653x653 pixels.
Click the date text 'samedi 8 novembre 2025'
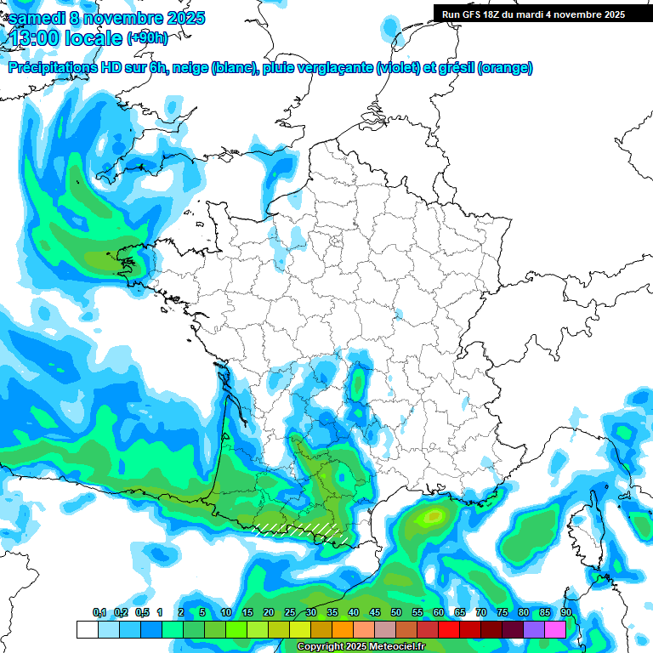(106, 17)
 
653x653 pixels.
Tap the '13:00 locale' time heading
(66, 37)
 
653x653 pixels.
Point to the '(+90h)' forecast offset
(147, 37)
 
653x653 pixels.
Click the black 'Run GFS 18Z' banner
(533, 14)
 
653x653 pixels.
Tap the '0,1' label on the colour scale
(99, 613)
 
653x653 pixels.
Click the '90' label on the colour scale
(565, 613)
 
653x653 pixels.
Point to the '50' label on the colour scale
(396, 613)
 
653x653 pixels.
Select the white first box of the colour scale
(87, 629)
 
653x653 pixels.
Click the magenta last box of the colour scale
(555, 629)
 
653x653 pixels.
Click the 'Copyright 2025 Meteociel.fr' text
(361, 647)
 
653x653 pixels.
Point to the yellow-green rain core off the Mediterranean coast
(434, 515)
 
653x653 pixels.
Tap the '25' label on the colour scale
(290, 613)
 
